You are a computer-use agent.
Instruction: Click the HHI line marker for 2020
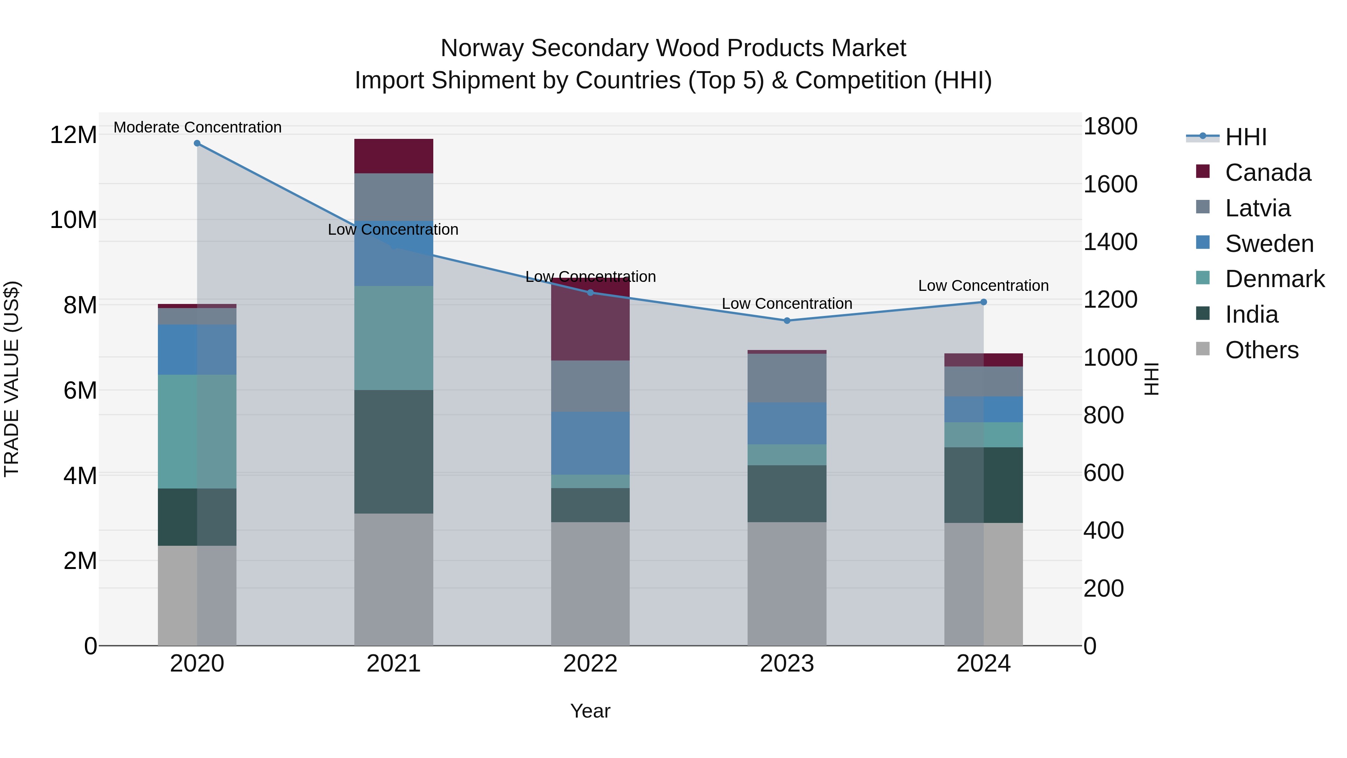click(197, 143)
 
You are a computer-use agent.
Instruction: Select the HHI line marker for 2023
click(787, 321)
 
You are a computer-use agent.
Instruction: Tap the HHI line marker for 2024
click(984, 302)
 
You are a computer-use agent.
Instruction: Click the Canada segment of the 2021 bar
click(394, 156)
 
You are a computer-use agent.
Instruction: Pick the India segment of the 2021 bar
click(394, 451)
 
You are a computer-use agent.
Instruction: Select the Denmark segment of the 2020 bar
click(197, 432)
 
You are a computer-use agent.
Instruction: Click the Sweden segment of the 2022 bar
click(590, 443)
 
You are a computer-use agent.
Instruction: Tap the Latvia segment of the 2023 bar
click(787, 378)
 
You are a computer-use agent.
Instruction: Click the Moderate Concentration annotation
click(197, 127)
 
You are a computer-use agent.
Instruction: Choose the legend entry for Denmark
click(1274, 279)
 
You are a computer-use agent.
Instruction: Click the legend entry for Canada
click(1268, 173)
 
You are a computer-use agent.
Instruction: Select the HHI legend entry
click(1246, 137)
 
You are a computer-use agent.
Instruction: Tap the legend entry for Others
click(1261, 350)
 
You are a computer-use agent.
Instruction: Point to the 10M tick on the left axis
click(73, 220)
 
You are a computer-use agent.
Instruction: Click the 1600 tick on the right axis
click(1110, 184)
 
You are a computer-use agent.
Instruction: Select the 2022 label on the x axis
click(590, 664)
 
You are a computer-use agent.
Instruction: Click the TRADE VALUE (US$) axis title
click(12, 379)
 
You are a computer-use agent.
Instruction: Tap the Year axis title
click(590, 711)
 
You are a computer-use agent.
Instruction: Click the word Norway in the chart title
click(481, 48)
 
